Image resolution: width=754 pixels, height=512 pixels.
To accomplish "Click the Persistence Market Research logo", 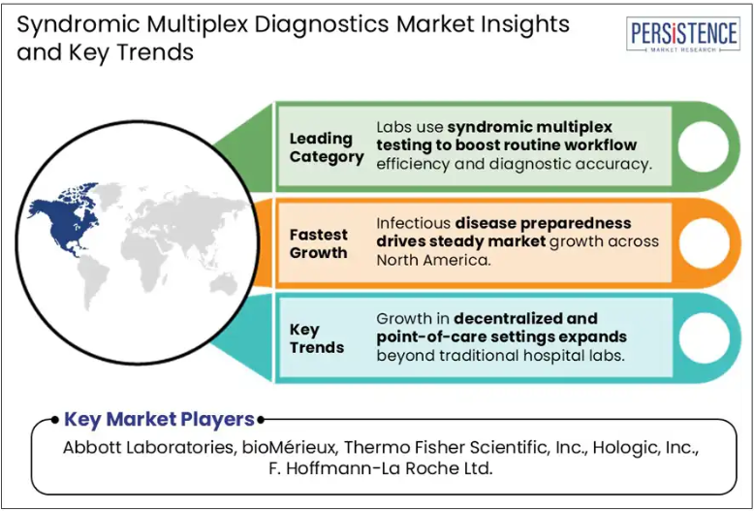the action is [x=683, y=34].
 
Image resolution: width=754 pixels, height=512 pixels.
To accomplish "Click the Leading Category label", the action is [x=327, y=147].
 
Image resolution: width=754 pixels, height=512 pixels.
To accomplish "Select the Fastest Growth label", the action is [x=318, y=243].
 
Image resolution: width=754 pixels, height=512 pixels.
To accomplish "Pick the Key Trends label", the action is [x=316, y=338].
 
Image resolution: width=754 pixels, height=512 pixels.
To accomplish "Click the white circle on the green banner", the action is [x=703, y=146].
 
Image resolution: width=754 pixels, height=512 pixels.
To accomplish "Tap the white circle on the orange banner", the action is [x=703, y=243].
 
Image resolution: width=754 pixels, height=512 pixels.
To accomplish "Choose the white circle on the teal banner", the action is [x=703, y=337].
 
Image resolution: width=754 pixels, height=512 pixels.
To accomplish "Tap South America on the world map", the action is [x=95, y=281].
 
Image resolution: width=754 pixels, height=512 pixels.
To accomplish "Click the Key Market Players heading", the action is [x=159, y=419].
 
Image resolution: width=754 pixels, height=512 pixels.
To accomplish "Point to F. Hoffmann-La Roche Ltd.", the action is [x=380, y=468].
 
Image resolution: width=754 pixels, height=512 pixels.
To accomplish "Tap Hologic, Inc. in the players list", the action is [x=645, y=448].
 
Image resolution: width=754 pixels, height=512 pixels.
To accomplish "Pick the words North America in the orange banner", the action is [x=432, y=260].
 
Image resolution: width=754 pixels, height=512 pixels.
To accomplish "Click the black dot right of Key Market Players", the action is [x=261, y=420].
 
